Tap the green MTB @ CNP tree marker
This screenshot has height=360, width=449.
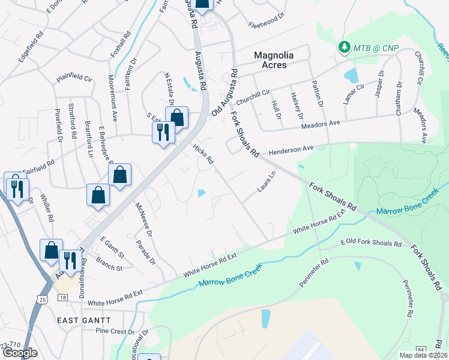click(344, 47)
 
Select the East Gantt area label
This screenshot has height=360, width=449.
click(81, 320)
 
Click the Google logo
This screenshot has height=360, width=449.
click(20, 353)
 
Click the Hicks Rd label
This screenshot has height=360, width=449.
click(203, 154)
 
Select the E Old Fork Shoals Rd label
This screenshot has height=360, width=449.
click(370, 242)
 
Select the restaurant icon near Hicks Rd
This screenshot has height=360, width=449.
click(163, 131)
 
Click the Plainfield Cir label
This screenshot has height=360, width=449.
click(74, 78)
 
